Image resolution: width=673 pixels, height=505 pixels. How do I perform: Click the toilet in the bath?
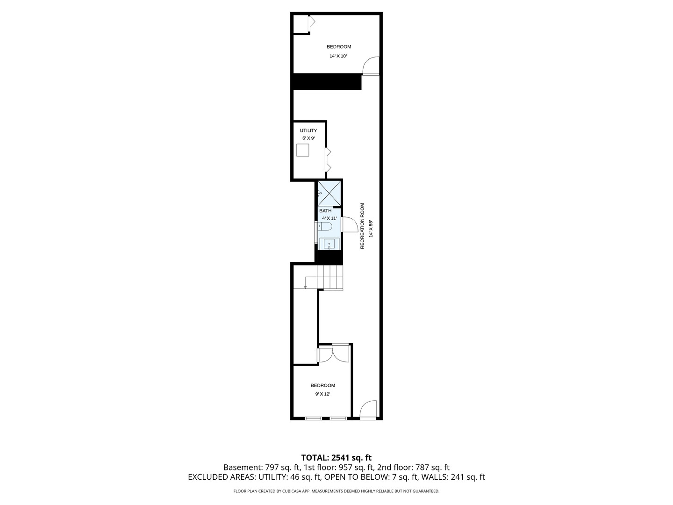[326, 227]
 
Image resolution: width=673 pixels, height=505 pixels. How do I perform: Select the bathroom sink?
[329, 244]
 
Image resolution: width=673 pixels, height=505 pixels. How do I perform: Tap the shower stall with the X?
[329, 193]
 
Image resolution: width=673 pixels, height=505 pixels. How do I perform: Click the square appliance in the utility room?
[303, 150]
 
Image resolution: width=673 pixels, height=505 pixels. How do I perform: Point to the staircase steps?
[330, 277]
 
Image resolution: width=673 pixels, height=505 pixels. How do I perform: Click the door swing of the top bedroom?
[371, 65]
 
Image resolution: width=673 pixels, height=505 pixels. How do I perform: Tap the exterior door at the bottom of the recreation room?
[368, 410]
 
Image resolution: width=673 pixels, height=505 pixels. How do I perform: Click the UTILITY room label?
[308, 130]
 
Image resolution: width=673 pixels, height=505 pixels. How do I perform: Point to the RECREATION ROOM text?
[362, 226]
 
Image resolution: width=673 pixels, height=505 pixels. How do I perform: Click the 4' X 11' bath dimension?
[329, 218]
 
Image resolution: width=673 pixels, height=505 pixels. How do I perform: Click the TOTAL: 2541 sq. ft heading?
[336, 457]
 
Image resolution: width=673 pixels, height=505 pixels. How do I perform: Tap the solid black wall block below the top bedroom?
[327, 81]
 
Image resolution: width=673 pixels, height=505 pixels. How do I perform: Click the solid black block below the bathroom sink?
[329, 257]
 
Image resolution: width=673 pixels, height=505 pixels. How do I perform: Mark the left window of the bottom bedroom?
[313, 418]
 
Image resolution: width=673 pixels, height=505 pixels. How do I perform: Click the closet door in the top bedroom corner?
[311, 22]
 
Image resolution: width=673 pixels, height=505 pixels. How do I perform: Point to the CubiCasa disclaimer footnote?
[336, 491]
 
